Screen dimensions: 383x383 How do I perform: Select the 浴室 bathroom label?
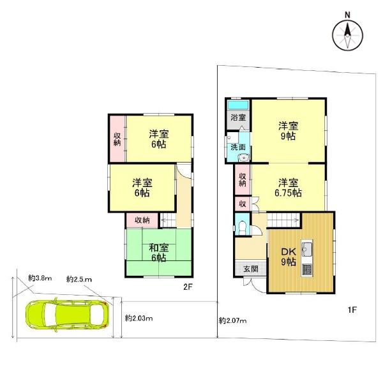click(237, 118)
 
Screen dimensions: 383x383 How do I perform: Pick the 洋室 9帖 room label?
click(289, 131)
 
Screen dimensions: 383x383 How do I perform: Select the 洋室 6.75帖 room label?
click(289, 186)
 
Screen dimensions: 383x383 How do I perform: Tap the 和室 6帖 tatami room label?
click(158, 253)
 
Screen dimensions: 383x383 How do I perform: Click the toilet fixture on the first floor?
click(241, 225)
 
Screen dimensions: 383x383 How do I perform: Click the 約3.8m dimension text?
click(39, 278)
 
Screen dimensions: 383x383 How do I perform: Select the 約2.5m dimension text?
click(79, 280)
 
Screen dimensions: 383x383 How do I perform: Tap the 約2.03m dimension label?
click(139, 318)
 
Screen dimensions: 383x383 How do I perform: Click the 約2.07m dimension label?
click(232, 320)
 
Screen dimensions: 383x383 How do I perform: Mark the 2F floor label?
click(188, 287)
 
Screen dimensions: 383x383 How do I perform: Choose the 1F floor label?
click(352, 310)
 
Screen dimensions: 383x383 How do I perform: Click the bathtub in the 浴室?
click(238, 104)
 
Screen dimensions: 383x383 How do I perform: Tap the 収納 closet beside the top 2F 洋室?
click(117, 139)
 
